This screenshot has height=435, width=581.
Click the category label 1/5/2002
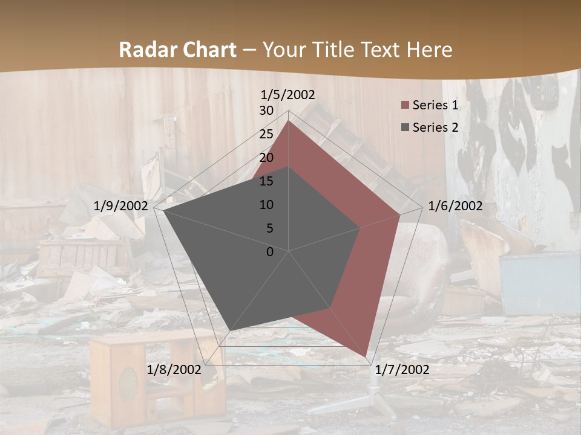coord(288,94)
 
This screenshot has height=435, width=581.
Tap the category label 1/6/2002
coord(455,206)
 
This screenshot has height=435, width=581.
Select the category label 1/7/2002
coord(402,370)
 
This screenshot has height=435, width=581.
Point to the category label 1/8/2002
coord(174,370)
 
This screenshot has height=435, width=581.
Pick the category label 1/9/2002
coord(121,206)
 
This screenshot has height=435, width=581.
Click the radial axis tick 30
coord(266,111)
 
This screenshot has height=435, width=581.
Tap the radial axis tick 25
coord(266,134)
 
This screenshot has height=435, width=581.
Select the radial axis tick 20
coord(266,158)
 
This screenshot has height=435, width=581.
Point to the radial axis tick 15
coord(266,181)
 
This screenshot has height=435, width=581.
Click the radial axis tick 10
coord(266,205)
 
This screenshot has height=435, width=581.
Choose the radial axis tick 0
coord(270,252)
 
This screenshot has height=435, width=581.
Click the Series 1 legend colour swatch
coord(405,105)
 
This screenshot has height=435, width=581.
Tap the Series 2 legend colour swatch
coord(405,127)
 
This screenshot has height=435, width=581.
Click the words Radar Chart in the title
coord(177,50)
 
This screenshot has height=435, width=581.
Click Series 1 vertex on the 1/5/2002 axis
coord(289,121)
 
